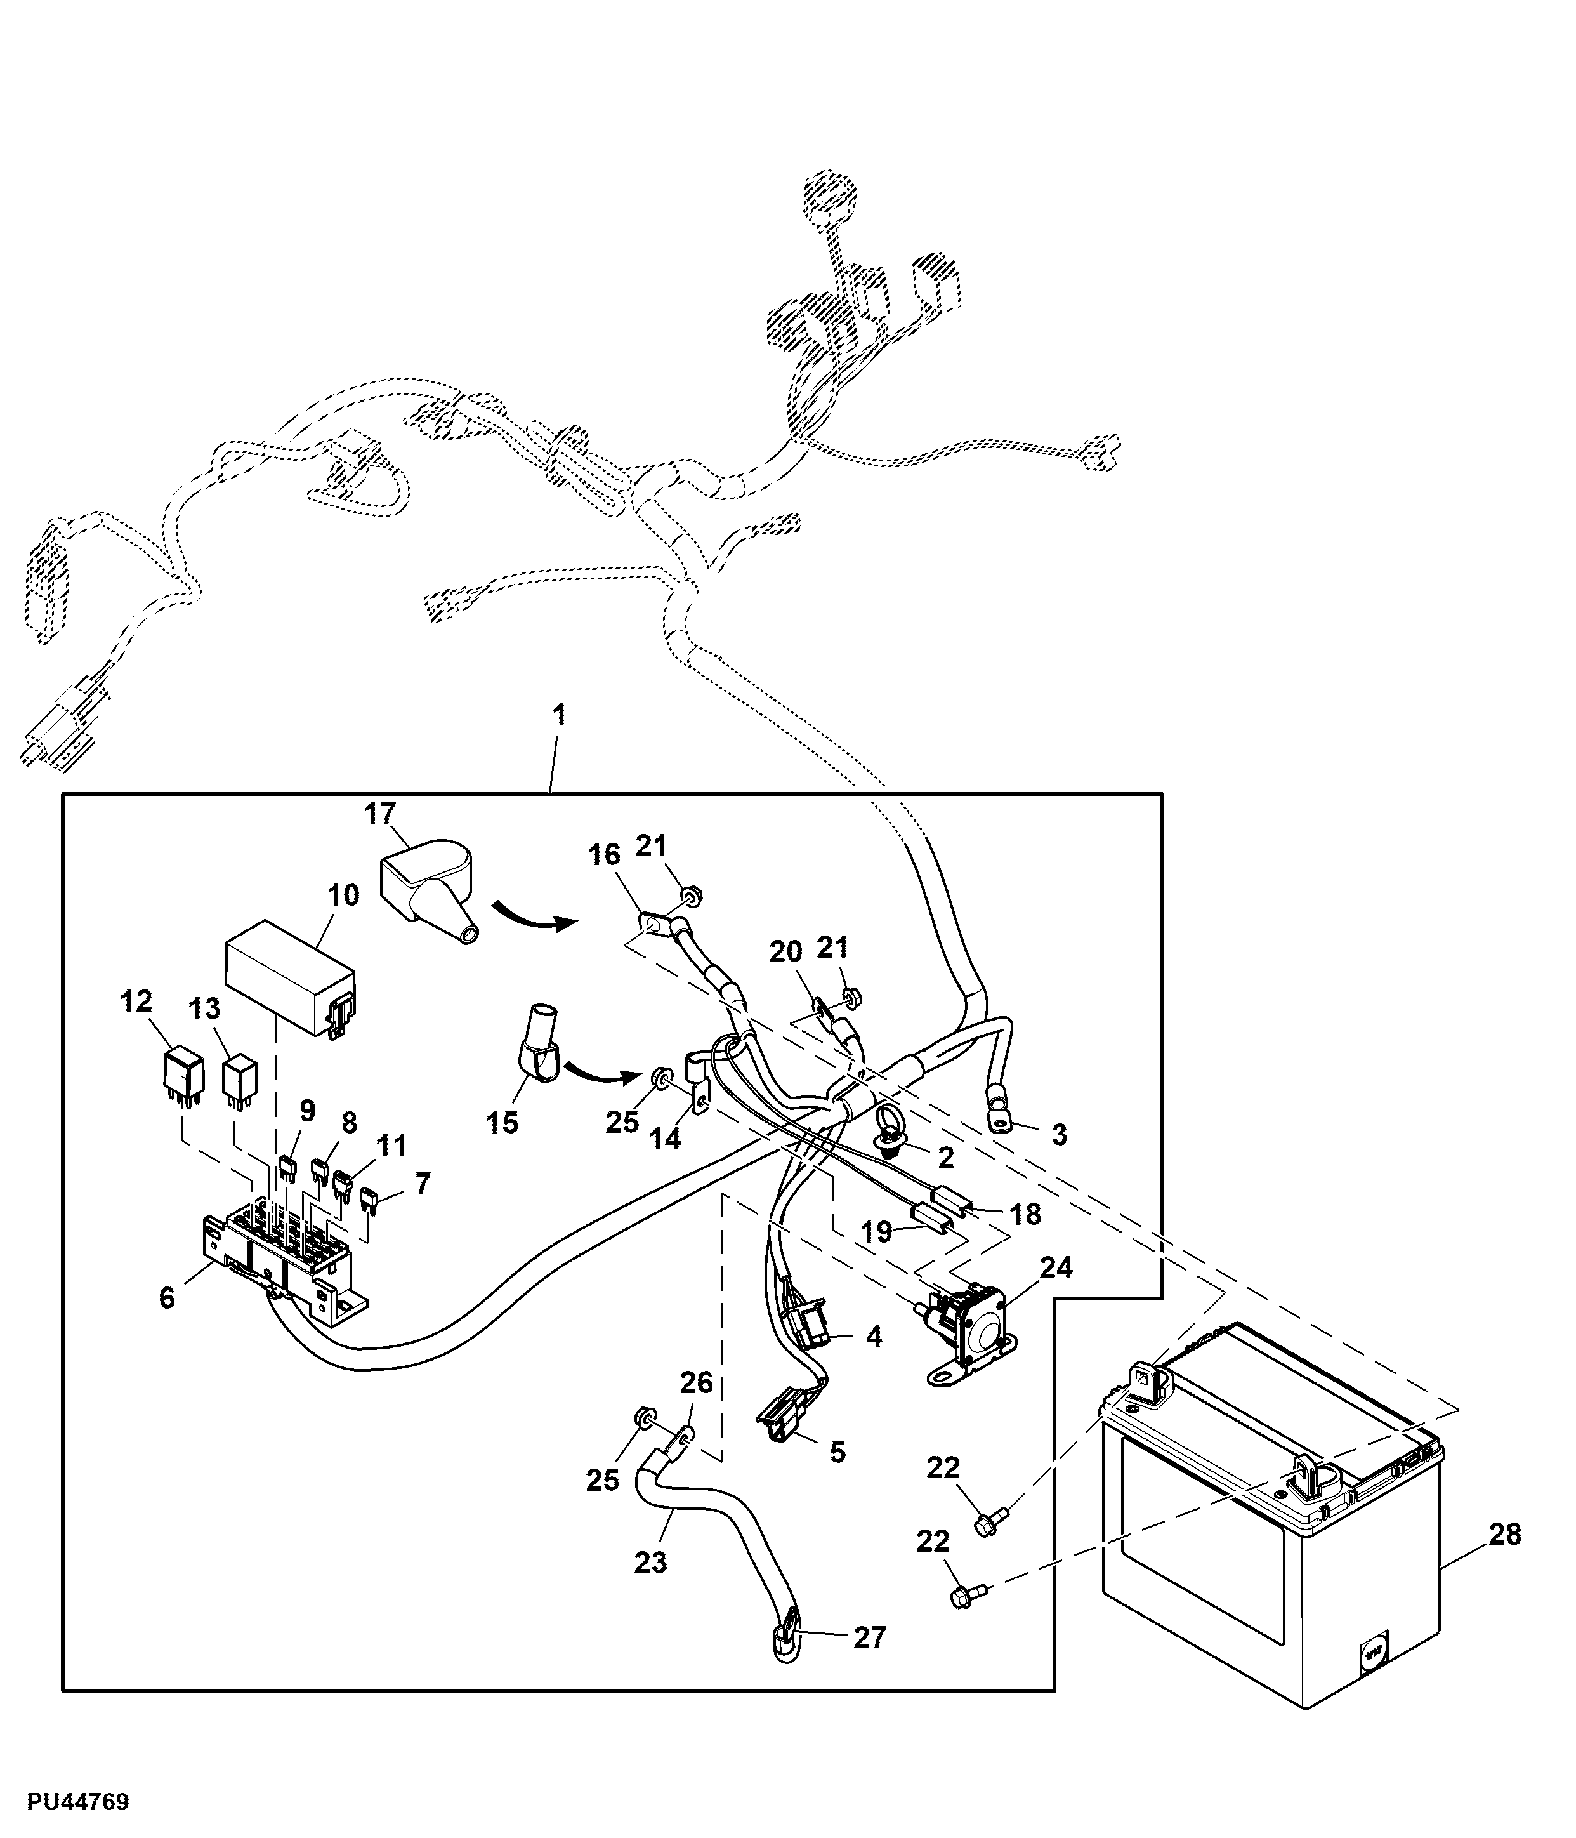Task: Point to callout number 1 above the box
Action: coord(559,714)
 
